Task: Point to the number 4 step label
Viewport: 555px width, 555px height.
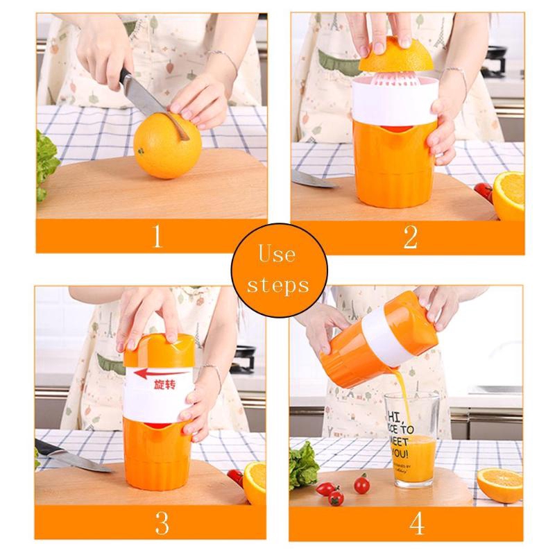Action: click(x=416, y=522)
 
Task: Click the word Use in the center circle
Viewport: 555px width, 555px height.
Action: click(x=277, y=255)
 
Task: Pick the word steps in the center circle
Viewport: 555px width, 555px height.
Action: click(x=277, y=284)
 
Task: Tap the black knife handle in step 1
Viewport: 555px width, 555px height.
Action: click(x=125, y=82)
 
